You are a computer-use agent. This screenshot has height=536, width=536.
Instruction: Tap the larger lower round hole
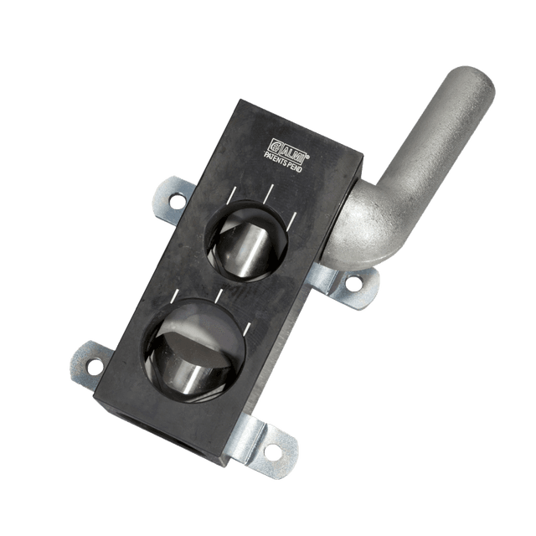pyautogui.click(x=195, y=350)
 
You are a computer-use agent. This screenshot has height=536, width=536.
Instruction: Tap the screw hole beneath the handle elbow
pyautogui.click(x=353, y=283)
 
